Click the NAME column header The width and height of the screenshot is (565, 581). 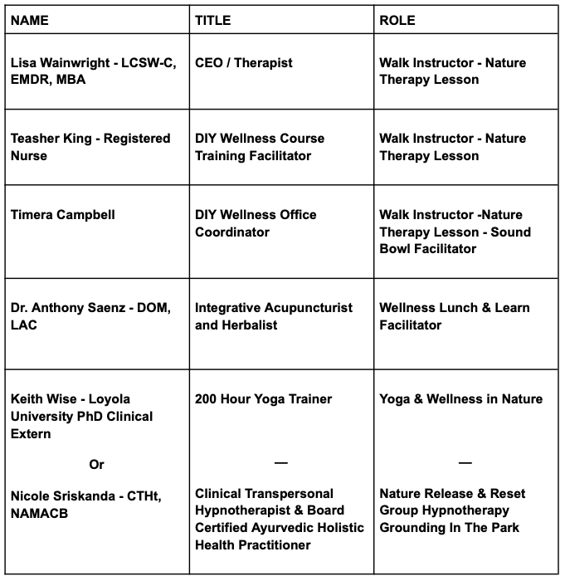[29, 19]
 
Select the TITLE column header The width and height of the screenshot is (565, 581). [213, 19]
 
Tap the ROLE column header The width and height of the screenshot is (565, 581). [397, 19]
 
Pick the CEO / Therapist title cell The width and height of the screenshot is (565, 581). [244, 63]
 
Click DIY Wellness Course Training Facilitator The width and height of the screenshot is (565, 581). [259, 147]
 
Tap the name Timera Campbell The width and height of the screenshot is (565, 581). [62, 215]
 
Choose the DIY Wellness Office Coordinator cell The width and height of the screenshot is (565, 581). [256, 223]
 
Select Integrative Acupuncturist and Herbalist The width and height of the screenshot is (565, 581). [273, 316]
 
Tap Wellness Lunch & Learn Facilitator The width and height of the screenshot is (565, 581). [455, 316]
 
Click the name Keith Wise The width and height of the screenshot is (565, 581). [43, 399]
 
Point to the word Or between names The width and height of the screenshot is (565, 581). [96, 464]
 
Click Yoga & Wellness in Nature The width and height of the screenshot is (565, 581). [460, 399]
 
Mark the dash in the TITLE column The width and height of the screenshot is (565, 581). [280, 462]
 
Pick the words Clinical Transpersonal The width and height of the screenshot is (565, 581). [264, 494]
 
